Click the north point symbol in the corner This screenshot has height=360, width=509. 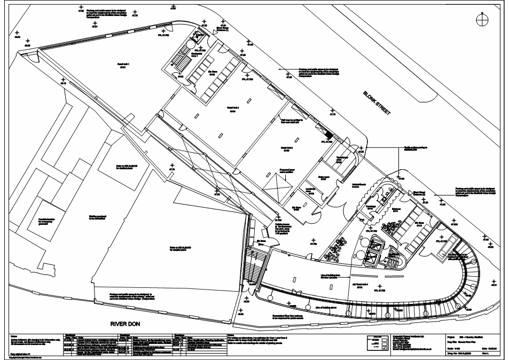click(482, 18)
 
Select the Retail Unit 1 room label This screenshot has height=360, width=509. click(124, 66)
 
